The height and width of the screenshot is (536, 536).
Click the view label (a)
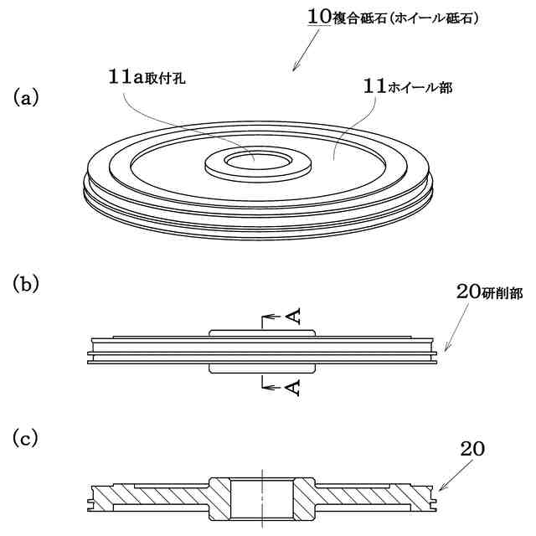point(26,98)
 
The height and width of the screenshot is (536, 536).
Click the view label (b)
point(26,284)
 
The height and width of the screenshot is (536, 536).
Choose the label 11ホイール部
point(408,86)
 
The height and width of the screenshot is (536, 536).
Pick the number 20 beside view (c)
point(472,448)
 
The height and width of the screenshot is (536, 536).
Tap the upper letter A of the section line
point(293,317)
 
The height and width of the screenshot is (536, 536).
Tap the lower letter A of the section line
point(293,387)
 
